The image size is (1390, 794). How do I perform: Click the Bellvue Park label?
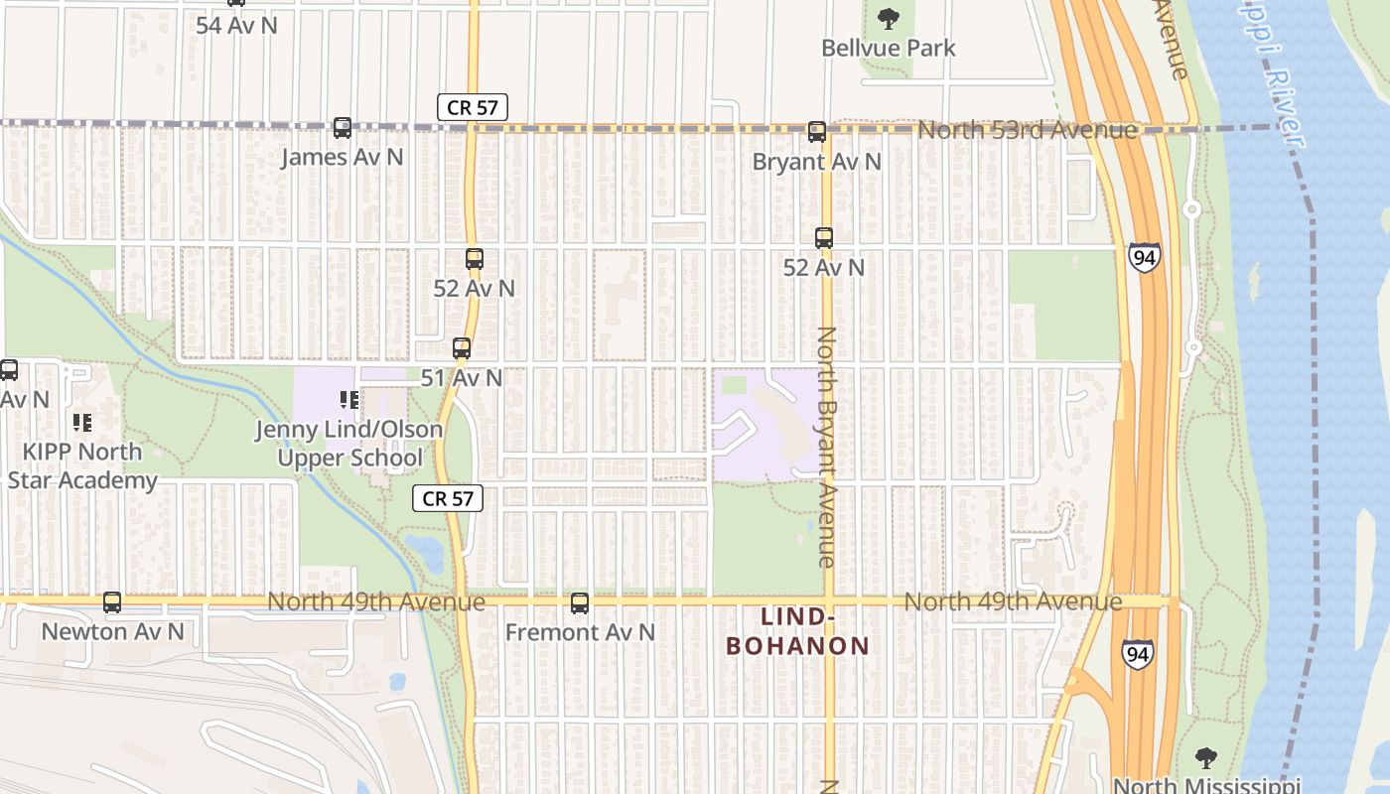(889, 48)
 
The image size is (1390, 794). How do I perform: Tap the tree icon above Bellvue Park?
(888, 18)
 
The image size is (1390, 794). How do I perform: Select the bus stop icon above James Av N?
(343, 128)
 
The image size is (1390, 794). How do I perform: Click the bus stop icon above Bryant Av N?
(817, 132)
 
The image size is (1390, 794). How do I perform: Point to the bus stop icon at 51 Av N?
(462, 348)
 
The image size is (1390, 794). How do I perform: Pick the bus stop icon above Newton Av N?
(112, 602)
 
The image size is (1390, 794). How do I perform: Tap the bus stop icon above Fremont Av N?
(580, 603)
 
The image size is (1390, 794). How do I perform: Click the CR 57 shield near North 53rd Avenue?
(473, 107)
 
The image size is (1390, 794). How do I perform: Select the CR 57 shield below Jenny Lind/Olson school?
(448, 498)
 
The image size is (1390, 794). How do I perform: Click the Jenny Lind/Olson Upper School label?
(349, 444)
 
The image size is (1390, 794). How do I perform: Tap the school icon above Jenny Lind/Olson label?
(348, 400)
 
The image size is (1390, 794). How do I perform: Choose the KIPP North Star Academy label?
(83, 465)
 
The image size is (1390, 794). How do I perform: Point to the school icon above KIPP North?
(82, 423)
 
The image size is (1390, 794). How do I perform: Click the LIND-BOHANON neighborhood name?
(797, 631)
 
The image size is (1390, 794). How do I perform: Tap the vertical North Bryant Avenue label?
(826, 447)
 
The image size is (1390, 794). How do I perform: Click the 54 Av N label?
(236, 26)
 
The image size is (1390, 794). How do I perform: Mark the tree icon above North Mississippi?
(1206, 759)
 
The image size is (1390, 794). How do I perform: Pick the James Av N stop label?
(343, 157)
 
